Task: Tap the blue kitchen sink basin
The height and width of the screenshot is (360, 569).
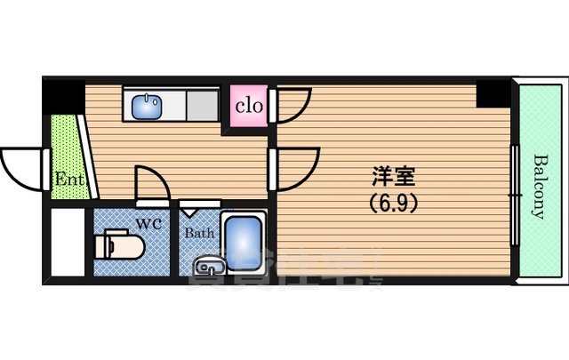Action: tap(146, 107)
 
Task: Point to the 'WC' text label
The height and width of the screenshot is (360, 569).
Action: tap(148, 223)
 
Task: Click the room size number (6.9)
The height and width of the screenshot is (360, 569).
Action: tap(392, 202)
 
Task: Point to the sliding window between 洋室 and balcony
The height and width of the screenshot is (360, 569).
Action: tap(514, 190)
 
